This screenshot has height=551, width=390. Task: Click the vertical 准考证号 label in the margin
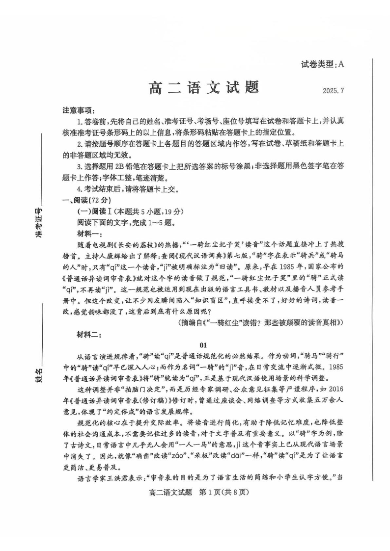click(38, 222)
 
